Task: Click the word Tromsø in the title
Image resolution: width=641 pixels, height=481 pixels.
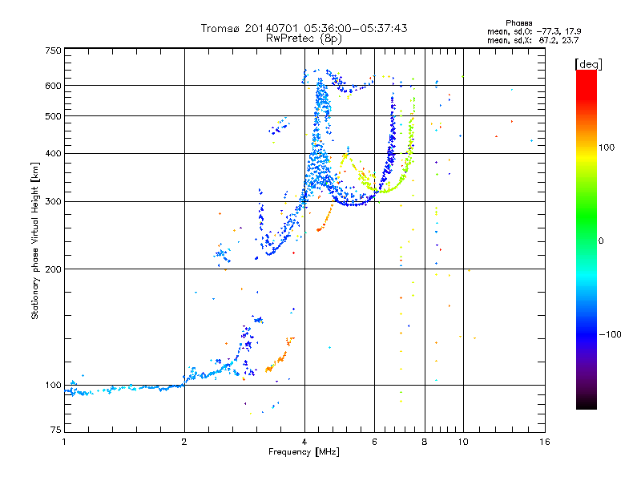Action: [220, 28]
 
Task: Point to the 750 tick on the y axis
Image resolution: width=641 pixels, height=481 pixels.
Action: [54, 51]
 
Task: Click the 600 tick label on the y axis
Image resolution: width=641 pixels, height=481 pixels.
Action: [54, 86]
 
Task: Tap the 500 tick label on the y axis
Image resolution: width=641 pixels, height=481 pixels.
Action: [54, 116]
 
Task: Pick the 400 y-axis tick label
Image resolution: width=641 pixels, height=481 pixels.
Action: [54, 154]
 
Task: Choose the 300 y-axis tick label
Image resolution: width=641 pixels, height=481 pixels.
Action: [54, 202]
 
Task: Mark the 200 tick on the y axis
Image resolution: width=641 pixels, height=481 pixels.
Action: [54, 269]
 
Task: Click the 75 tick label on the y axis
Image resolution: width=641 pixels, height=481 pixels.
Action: [55, 431]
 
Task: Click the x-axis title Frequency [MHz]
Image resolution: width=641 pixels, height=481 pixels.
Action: [304, 452]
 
